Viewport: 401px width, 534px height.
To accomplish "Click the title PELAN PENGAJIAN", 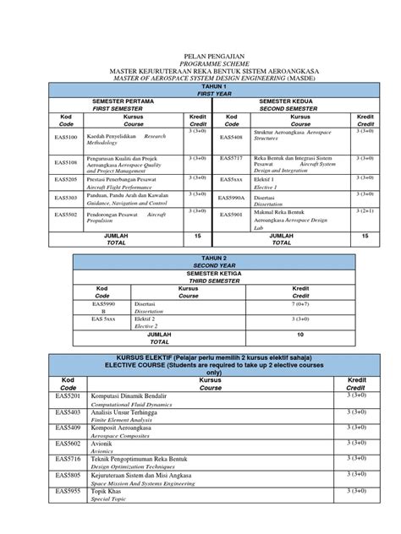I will coord(200,52).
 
